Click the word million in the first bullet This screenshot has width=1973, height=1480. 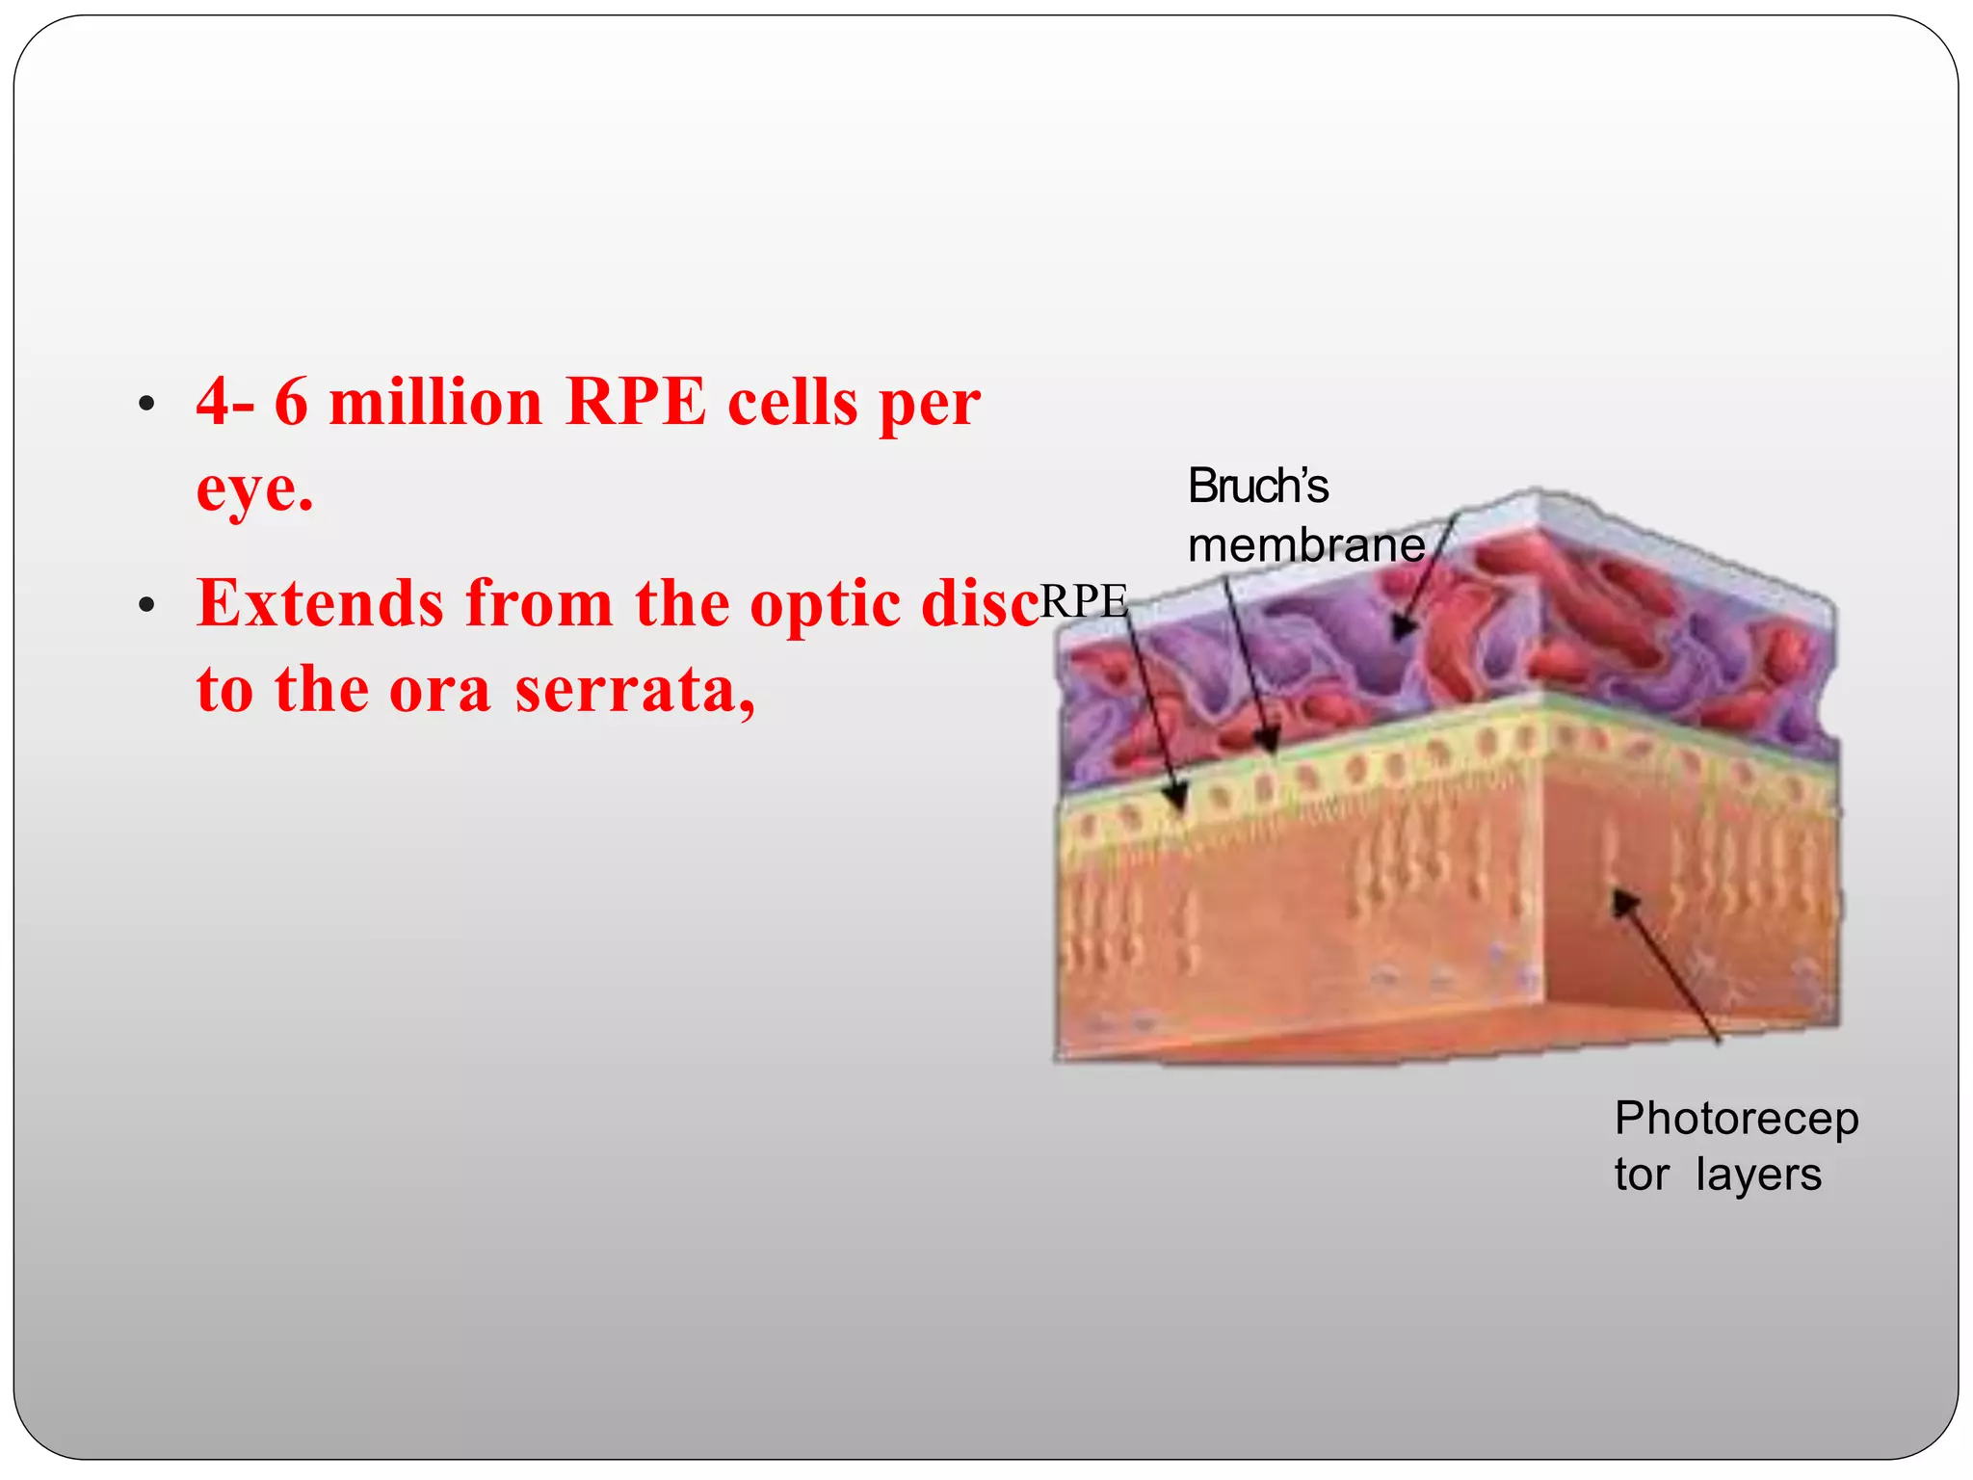[435, 403]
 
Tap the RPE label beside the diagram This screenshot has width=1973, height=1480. [1083, 602]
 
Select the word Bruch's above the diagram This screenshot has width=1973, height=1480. [1257, 486]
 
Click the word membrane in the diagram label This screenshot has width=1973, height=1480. [1305, 546]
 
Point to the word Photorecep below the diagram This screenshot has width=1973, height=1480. [1736, 1120]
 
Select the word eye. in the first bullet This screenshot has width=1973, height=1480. [254, 489]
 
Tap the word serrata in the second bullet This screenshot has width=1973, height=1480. [636, 691]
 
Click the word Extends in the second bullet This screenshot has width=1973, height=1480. [321, 604]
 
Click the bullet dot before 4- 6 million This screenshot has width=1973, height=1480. [146, 405]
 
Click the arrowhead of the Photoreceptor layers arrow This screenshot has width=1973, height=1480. [1623, 901]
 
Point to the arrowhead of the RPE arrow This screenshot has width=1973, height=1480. [1176, 799]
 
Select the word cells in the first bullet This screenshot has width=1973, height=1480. [792, 403]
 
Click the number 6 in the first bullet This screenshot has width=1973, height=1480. [291, 403]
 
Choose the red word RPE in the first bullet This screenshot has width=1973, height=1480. [636, 403]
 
